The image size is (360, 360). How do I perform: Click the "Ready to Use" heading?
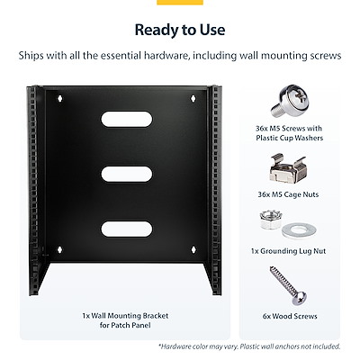click(180, 30)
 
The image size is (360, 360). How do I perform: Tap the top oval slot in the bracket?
click(127, 119)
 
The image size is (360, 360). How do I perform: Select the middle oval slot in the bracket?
click(127, 174)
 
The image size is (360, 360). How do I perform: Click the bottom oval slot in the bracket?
click(127, 229)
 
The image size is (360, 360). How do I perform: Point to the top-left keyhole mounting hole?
click(60, 98)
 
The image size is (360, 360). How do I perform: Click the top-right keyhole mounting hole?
click(193, 98)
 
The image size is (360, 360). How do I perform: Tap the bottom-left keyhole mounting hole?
click(59, 249)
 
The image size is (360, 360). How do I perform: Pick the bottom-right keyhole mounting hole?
click(193, 249)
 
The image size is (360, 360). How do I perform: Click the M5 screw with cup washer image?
click(290, 101)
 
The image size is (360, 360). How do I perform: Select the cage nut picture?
click(287, 168)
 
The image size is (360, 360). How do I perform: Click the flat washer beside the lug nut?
click(299, 230)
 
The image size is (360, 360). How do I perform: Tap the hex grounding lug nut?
click(271, 220)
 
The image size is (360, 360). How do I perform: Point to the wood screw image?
click(288, 285)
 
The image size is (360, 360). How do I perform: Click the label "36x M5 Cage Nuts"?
click(288, 194)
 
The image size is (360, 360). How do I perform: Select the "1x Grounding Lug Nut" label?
click(288, 251)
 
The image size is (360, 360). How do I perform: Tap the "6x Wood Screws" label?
click(290, 316)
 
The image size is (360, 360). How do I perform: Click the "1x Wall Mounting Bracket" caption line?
click(125, 316)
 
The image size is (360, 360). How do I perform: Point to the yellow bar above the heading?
click(180, 3)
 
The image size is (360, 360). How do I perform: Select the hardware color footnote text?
click(249, 346)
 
